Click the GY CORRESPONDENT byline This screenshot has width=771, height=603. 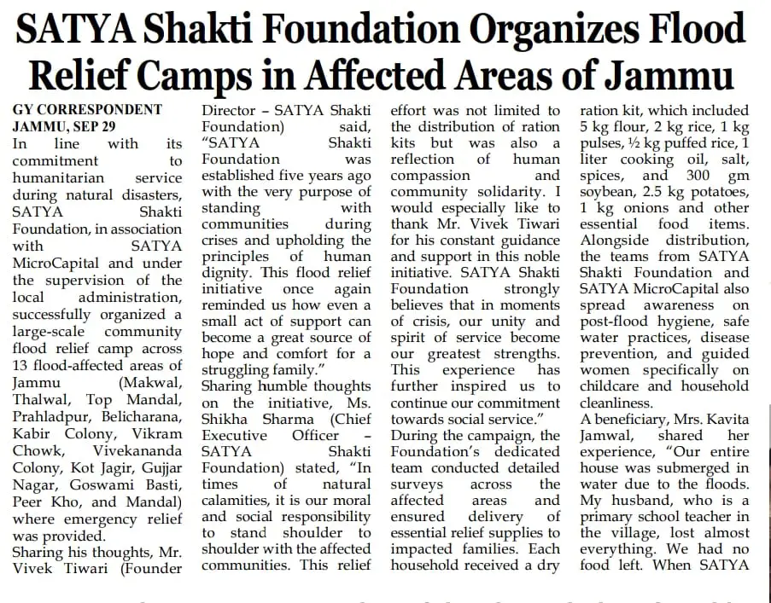(87, 110)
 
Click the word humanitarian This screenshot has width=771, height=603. (58, 177)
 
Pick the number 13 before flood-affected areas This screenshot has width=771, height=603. (22, 366)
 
